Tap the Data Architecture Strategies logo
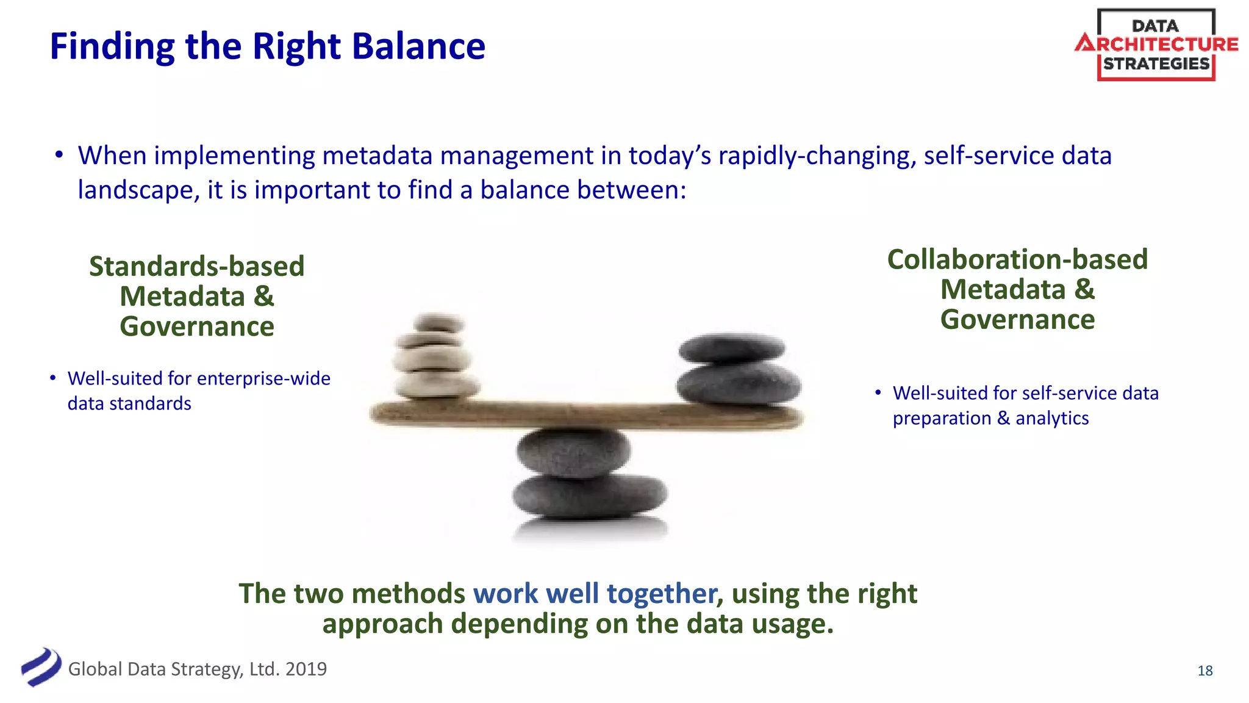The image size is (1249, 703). pos(1156,45)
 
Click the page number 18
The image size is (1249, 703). pos(1204,671)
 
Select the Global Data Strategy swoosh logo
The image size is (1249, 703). pos(41,667)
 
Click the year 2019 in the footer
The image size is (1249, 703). pos(306,669)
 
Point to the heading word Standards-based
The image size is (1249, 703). pos(196,267)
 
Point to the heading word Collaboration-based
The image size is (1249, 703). pos(1017,260)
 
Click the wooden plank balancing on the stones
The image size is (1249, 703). pos(585,414)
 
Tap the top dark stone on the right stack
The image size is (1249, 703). pos(732,348)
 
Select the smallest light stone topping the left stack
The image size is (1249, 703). pos(438,322)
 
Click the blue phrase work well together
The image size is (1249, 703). pos(595,594)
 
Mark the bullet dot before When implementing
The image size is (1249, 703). pos(59,156)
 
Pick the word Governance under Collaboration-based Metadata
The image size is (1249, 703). pos(1017,320)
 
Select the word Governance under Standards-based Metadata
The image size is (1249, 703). pos(196,326)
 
